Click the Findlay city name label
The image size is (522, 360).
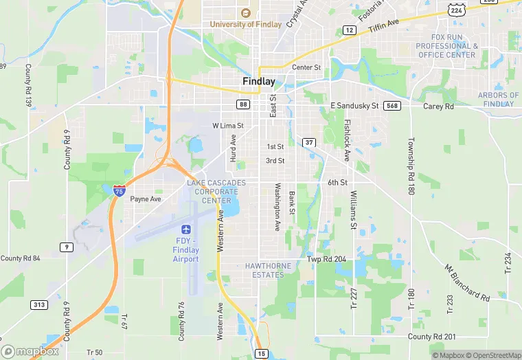pyautogui.click(x=259, y=81)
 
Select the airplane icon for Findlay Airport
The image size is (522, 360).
pyautogui.click(x=185, y=228)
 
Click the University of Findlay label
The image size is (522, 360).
pyautogui.click(x=245, y=25)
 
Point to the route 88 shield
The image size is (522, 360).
pyautogui.click(x=243, y=104)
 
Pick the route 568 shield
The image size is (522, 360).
pyautogui.click(x=392, y=105)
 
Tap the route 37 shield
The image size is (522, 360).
pyautogui.click(x=309, y=142)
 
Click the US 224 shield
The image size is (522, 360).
pyautogui.click(x=457, y=9)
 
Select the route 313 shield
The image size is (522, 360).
pyautogui.click(x=38, y=304)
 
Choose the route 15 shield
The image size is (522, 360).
pyautogui.click(x=261, y=353)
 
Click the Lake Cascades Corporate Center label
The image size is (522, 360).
pyautogui.click(x=213, y=191)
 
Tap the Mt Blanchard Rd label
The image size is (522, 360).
pyautogui.click(x=466, y=283)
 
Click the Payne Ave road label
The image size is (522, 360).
pyautogui.click(x=146, y=199)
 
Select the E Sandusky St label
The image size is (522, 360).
pyautogui.click(x=354, y=106)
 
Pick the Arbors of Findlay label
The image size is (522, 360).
pyautogui.click(x=498, y=100)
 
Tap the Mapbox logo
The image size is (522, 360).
pyautogui.click(x=30, y=351)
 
